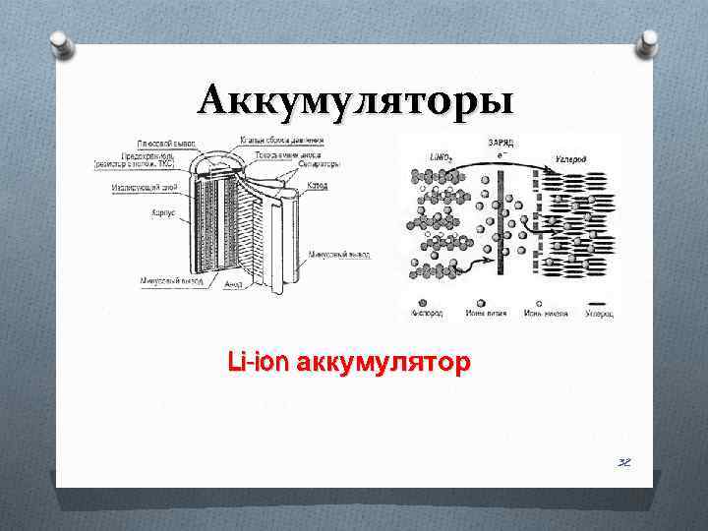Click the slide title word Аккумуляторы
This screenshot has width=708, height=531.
pos(353,100)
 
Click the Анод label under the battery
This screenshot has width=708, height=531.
pos(233,285)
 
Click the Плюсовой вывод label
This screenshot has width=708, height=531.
pos(165,141)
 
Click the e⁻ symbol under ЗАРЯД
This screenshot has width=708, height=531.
pos(504,154)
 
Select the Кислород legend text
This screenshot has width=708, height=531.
pos(426,315)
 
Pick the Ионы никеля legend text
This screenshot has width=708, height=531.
pos(543,315)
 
